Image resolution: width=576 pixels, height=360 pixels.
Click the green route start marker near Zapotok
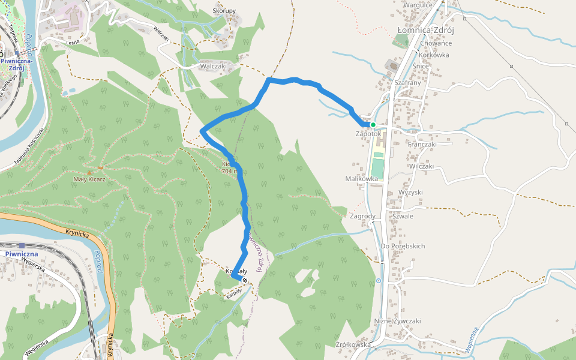pos(373,125)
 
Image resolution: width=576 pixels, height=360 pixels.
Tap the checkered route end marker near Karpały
pos(245,280)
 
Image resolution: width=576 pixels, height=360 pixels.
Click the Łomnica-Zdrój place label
pos(425,30)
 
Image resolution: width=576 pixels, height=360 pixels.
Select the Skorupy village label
pos(224,11)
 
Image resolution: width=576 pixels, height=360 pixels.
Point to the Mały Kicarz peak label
pos(89,179)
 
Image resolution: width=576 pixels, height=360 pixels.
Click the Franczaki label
pos(422,144)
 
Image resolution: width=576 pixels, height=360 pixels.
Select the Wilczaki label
pos(422,166)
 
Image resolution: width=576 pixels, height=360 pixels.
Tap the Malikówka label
pos(361,179)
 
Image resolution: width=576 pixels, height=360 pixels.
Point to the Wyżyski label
pos(411,192)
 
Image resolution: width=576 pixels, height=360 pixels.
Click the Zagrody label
pos(362,216)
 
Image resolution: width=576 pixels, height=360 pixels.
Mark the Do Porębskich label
pos(403,246)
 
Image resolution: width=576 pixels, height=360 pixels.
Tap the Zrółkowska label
pos(353,344)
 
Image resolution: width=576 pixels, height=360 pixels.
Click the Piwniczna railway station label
pos(22,254)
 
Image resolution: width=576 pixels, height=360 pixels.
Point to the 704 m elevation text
pos(230,171)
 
